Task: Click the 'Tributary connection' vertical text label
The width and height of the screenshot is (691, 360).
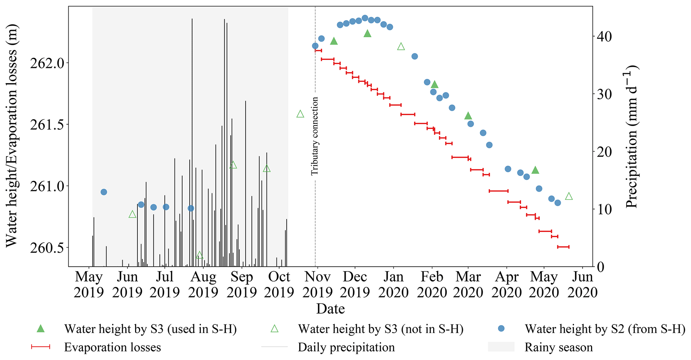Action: [x=315, y=136]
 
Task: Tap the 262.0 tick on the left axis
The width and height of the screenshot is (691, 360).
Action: [x=49, y=63]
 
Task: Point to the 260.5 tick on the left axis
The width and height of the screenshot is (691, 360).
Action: [x=49, y=247]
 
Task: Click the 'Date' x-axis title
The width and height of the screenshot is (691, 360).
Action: [x=330, y=309]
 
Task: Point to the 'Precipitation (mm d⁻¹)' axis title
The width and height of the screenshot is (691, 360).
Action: [x=632, y=136]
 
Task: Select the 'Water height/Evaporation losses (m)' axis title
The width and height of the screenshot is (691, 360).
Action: [x=12, y=136]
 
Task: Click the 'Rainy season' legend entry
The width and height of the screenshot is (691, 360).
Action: [x=558, y=347]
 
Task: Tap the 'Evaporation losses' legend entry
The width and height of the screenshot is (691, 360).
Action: [x=112, y=347]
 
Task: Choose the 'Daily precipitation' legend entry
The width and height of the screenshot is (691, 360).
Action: [x=346, y=347]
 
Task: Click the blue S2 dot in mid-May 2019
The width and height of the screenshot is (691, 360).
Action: [x=104, y=192]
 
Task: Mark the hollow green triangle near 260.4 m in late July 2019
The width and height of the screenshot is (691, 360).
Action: [x=200, y=255]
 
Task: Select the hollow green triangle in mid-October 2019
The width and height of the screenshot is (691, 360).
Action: [x=300, y=114]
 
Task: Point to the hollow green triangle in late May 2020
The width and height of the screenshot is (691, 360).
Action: [x=569, y=196]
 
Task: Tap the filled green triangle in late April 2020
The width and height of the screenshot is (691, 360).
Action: [x=535, y=170]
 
